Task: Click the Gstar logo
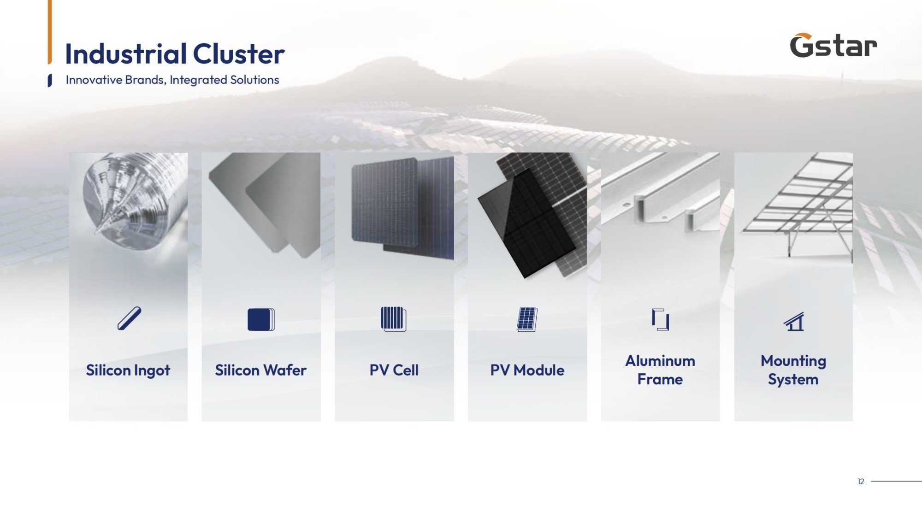click(833, 46)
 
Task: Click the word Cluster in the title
click(239, 54)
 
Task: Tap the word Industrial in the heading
click(126, 54)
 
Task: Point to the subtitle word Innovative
click(94, 80)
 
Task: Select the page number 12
click(861, 482)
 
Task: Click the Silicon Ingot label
click(128, 370)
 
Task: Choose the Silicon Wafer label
click(260, 370)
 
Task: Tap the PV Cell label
click(394, 370)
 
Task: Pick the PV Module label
click(527, 370)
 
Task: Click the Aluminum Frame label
click(660, 370)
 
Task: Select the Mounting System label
click(793, 370)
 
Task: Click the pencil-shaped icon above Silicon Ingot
click(129, 318)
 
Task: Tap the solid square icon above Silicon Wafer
click(261, 319)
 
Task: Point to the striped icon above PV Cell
click(394, 319)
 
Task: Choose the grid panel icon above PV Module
click(527, 319)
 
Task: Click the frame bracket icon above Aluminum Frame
click(661, 319)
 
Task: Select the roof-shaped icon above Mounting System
click(794, 321)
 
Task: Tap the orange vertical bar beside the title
click(50, 32)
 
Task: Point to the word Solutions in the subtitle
click(254, 80)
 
